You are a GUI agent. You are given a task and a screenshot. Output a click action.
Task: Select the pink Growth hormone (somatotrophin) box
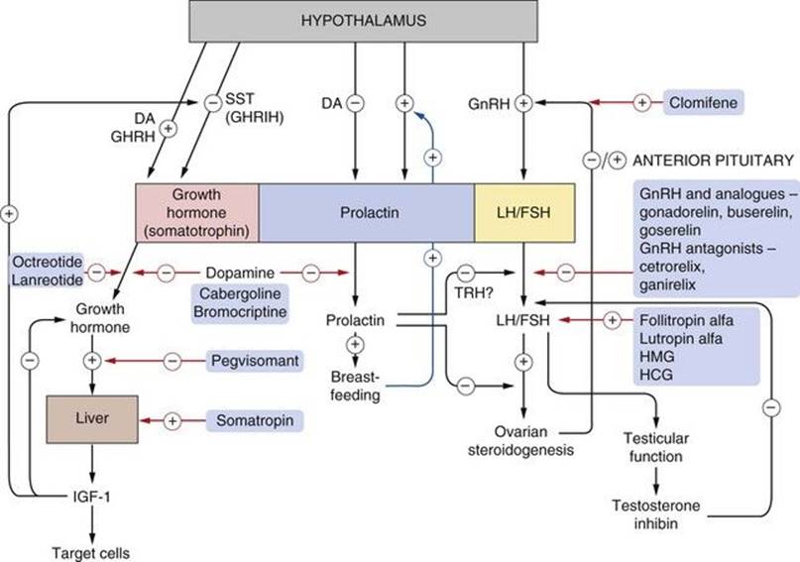196,213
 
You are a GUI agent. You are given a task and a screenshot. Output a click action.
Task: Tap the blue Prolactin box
366,213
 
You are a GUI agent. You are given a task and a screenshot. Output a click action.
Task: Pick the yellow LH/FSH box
524,213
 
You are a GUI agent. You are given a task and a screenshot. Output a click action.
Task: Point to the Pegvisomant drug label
253,360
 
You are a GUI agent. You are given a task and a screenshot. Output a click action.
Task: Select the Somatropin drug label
253,421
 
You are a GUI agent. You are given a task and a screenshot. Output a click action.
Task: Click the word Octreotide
43,261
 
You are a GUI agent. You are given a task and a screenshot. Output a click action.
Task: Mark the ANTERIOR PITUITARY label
714,158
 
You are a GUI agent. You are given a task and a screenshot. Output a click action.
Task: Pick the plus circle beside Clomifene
642,102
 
